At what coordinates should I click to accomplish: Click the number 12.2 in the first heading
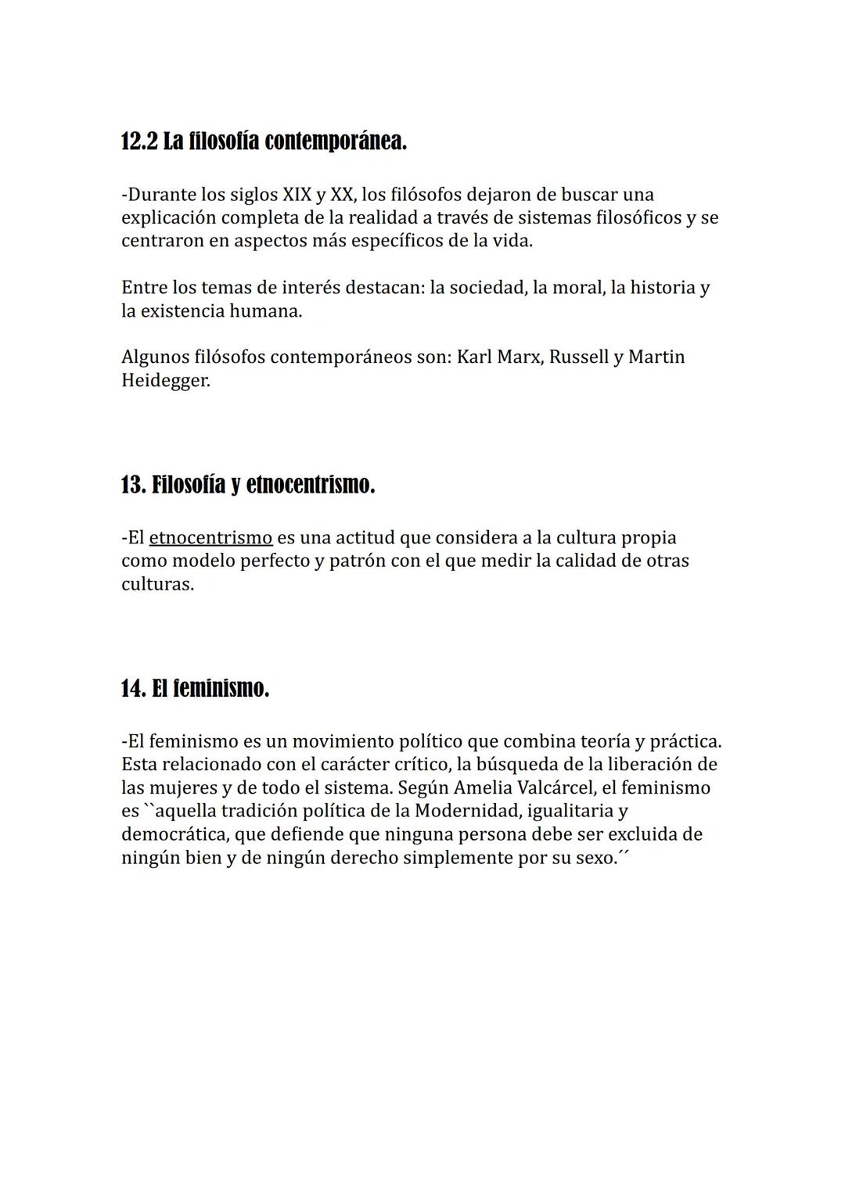click(x=139, y=142)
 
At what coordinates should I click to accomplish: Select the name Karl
click(x=474, y=357)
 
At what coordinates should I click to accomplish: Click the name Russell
click(x=578, y=357)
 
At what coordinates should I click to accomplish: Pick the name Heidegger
click(x=165, y=381)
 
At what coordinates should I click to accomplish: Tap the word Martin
click(x=656, y=357)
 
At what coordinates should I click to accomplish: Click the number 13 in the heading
click(x=132, y=485)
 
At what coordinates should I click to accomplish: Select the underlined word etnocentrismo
click(x=210, y=538)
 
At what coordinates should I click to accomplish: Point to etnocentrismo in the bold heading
click(x=310, y=485)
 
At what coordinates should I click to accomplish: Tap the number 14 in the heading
click(x=132, y=689)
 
